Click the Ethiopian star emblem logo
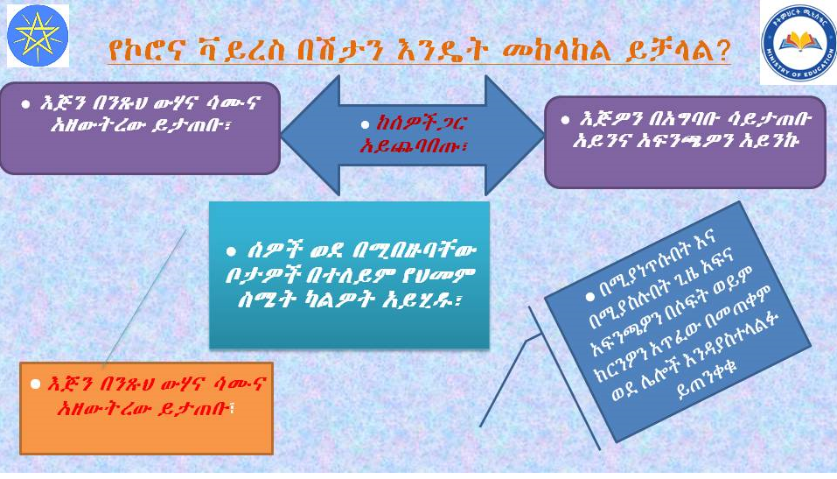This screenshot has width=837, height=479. (x=38, y=36)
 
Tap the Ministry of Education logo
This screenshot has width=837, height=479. (x=798, y=43)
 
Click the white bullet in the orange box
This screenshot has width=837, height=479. (x=36, y=384)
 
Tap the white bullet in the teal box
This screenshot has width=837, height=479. (x=231, y=250)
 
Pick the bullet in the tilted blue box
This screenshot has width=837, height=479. (x=589, y=296)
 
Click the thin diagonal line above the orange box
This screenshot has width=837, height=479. (x=144, y=297)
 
